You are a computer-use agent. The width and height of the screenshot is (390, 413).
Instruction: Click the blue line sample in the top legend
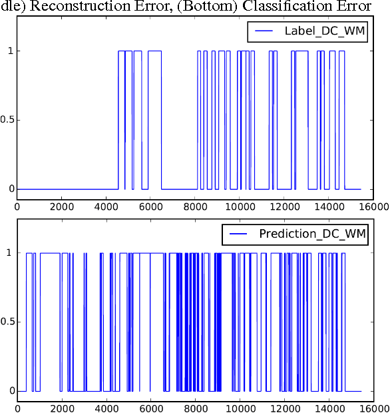(265, 31)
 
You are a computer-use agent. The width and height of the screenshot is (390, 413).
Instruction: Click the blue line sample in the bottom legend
(240, 234)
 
